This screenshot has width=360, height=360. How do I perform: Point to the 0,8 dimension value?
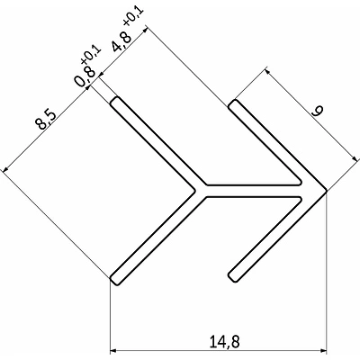[84, 79]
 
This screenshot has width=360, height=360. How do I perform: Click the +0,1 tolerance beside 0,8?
[93, 61]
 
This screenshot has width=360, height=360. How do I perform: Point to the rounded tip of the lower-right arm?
[235, 275]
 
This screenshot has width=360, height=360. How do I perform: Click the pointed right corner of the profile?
[324, 191]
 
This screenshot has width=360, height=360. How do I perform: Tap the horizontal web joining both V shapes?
[256, 191]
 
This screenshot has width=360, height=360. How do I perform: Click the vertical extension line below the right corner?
[325, 270]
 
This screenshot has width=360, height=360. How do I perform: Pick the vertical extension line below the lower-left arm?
[111, 315]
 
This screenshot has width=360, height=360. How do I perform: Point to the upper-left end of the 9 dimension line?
[266, 65]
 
